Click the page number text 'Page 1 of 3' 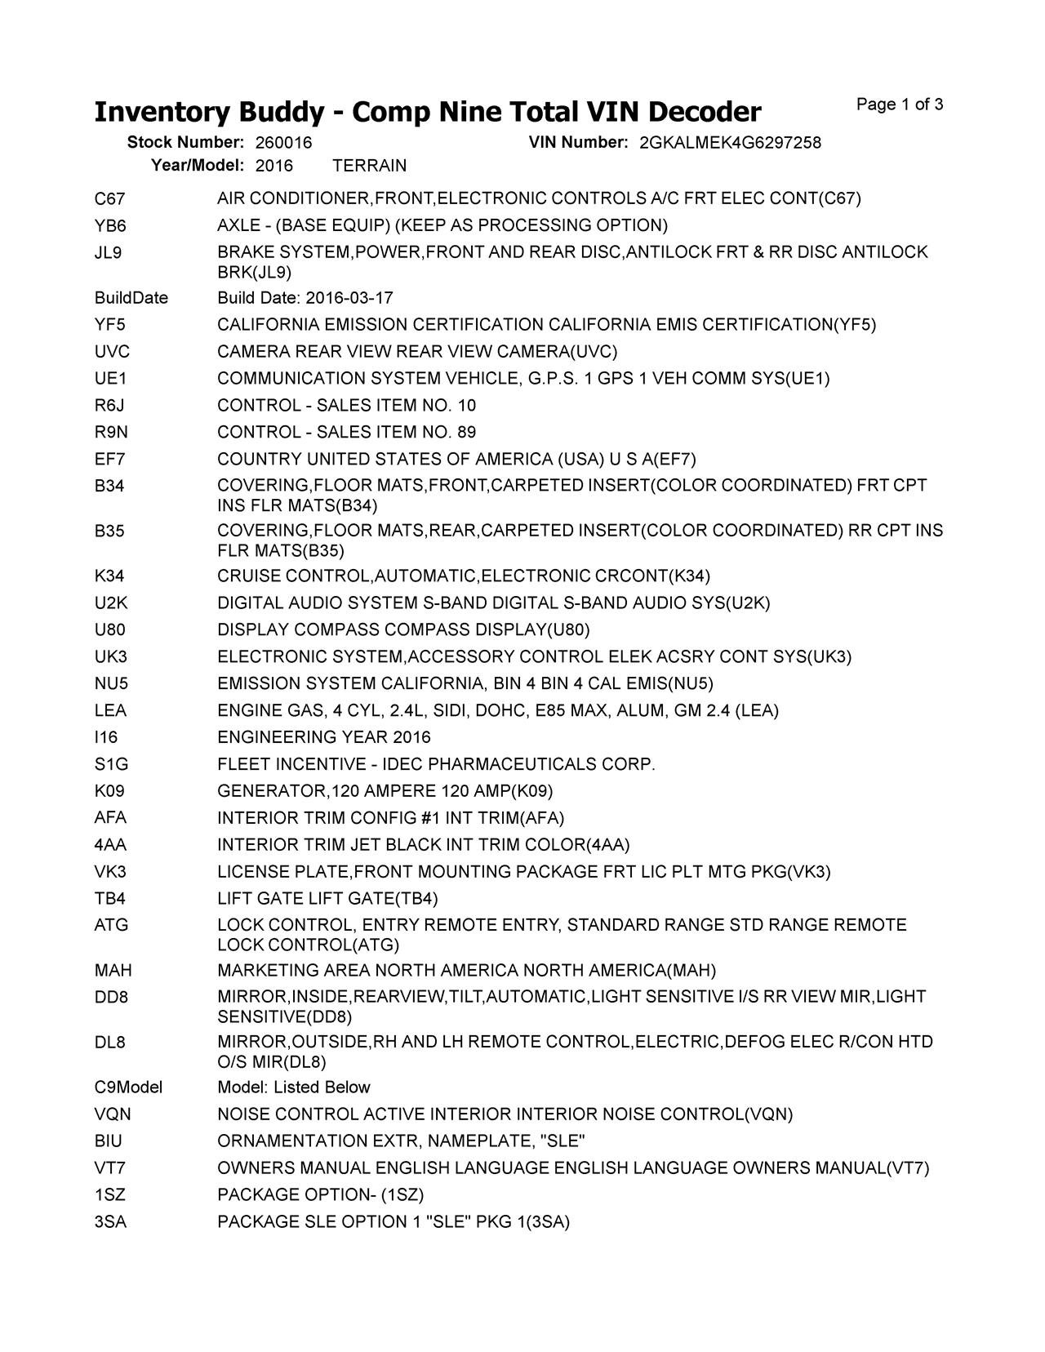[x=900, y=105]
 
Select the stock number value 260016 [x=283, y=143]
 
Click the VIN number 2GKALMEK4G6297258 [x=730, y=143]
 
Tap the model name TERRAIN [x=370, y=166]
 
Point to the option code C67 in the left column [x=109, y=198]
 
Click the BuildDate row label [x=131, y=298]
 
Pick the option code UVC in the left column [x=112, y=352]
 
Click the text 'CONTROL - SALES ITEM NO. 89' [x=346, y=432]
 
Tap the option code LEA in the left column [x=110, y=710]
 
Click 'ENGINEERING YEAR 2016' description [x=323, y=737]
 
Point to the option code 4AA [x=110, y=844]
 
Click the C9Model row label [x=128, y=1087]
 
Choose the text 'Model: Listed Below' [x=293, y=1087]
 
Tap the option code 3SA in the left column [x=110, y=1222]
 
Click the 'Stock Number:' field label [x=185, y=143]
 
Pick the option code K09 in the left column [x=109, y=791]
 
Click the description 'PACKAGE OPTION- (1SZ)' [x=320, y=1195]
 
